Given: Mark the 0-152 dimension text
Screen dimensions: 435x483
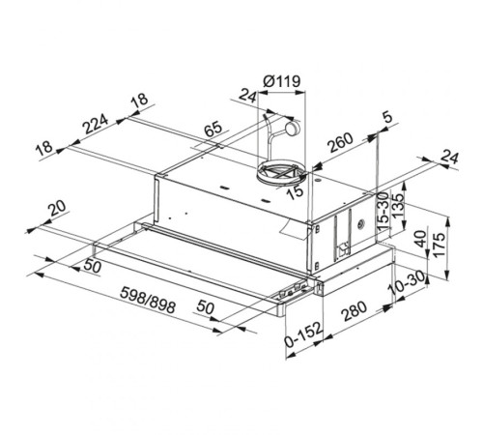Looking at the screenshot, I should point(303,342).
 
